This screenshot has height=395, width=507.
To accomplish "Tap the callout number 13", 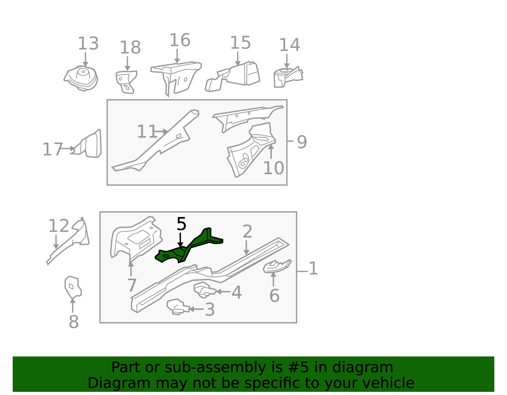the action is tap(88, 44).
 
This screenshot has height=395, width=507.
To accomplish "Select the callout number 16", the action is tap(180, 40).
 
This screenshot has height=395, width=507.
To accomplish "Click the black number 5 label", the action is tap(182, 224).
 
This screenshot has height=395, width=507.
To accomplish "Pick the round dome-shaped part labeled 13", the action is tap(81, 78).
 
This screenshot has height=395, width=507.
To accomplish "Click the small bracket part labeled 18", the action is tap(126, 82).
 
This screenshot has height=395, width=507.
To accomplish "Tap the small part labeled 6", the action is tap(277, 266).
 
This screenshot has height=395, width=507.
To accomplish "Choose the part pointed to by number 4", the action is tap(205, 290).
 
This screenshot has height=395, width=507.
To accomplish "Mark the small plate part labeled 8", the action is tap(73, 287).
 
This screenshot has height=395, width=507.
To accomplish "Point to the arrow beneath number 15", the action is tap(238, 59).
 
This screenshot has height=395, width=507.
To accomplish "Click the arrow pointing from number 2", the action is tap(246, 248).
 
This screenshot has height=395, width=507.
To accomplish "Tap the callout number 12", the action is tap(59, 226).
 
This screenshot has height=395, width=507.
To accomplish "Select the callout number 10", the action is tap(274, 168).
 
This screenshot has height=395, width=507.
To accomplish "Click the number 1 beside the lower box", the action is tap(313, 268).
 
